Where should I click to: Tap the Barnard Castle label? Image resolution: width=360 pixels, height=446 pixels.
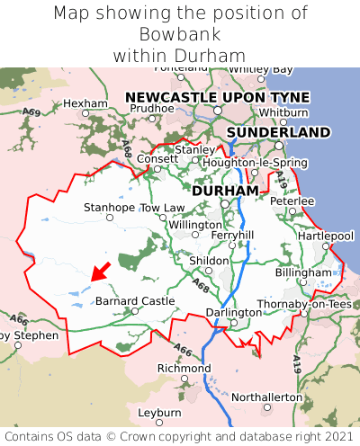coord(134,300)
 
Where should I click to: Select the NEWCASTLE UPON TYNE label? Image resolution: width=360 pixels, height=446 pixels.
coord(217,97)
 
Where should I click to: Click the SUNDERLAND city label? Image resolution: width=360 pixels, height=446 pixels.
coord(278,132)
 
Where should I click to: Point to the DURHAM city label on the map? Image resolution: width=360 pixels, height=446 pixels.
coord(225,191)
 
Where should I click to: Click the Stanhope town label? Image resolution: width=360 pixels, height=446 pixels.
coord(109,208)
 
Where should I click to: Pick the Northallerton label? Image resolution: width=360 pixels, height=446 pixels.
coord(267,397)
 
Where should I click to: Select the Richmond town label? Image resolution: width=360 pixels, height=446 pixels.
coord(184,369)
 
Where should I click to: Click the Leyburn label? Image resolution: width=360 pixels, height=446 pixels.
coord(158,412)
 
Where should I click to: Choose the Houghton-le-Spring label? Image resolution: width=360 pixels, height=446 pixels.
coord(256,163)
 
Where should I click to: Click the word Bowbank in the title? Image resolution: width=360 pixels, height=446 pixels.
coord(180,34)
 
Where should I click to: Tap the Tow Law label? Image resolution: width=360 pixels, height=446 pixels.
coord(162,208)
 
